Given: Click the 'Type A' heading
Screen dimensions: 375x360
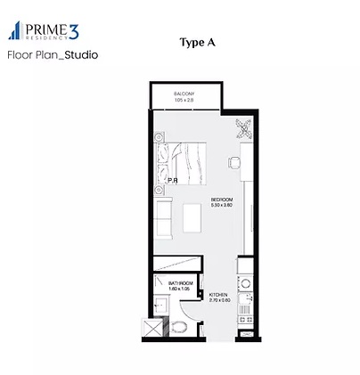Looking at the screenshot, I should [x=197, y=43].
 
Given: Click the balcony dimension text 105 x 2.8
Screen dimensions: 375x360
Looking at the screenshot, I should [x=184, y=100].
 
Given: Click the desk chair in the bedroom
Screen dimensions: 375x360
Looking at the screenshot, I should [x=234, y=163].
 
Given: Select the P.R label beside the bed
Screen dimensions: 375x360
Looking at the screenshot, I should [x=172, y=181].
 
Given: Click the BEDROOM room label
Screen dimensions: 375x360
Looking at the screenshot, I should [x=222, y=199].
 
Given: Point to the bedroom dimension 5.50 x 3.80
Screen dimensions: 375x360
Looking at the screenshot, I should [x=222, y=205].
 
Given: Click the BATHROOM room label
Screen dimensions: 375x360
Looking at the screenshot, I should [x=181, y=283].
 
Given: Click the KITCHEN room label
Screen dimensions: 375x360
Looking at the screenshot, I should [x=219, y=295].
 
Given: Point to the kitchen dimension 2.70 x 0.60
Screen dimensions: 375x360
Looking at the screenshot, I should [x=219, y=301].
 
